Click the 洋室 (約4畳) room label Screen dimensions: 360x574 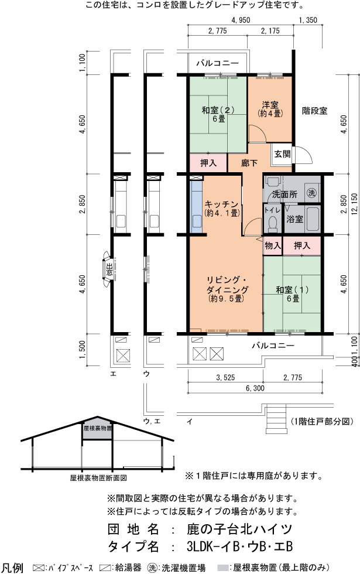270,109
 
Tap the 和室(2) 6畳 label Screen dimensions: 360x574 218,114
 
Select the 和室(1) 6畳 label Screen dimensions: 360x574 292,294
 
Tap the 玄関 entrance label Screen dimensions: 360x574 282,154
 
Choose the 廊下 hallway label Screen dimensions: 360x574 249,163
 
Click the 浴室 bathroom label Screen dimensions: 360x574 294,219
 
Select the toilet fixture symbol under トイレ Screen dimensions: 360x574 273,224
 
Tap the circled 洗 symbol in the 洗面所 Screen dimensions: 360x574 311,193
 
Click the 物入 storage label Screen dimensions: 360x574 273,245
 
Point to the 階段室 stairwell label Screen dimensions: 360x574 315,111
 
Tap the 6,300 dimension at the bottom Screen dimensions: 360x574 255,388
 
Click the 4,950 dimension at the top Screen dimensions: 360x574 241,20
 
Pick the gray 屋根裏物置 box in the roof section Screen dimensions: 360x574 97,428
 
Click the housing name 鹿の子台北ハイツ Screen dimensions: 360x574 239,529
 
